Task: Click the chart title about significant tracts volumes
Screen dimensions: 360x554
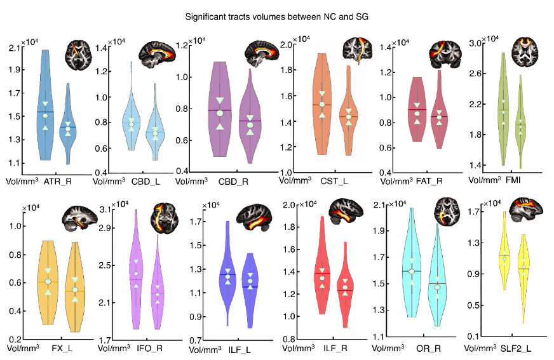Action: pyautogui.click(x=276, y=15)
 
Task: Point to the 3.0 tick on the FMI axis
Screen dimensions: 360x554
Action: pyautogui.click(x=476, y=43)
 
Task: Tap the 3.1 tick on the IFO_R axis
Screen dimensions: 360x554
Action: pyautogui.click(x=104, y=209)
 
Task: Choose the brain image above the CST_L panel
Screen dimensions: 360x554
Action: pyautogui.click(x=358, y=50)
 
